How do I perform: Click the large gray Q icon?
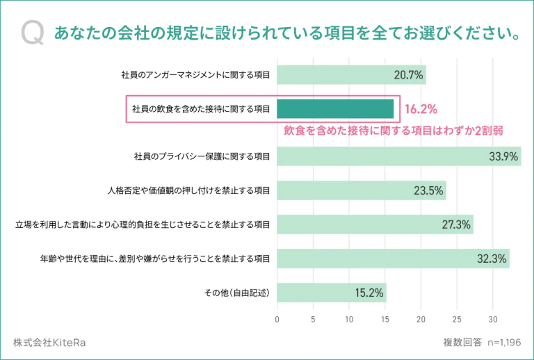coord(33,32)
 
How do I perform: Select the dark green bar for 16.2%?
coord(335,109)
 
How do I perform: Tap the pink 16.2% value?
coord(420,109)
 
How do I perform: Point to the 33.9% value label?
coord(503,156)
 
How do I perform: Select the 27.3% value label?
coord(456,224)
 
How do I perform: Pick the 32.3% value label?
coord(492,259)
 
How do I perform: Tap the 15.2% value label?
coord(369,293)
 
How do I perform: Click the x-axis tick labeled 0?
coord(277,320)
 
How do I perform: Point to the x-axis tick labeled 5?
coord(313,320)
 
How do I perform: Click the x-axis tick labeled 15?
coord(385,320)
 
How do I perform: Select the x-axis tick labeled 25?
coord(457,320)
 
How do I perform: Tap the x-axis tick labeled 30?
coord(492,320)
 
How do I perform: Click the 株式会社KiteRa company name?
coord(49,343)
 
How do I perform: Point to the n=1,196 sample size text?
coord(501,343)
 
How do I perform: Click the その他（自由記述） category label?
coord(236,293)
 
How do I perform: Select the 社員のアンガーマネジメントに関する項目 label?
coord(195,74)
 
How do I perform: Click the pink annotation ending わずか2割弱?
coord(394,130)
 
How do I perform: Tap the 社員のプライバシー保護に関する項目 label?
coord(202,156)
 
